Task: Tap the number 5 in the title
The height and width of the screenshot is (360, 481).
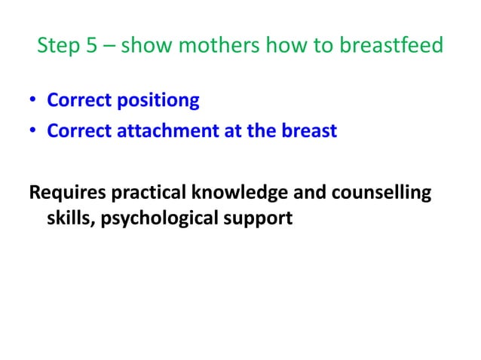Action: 90,47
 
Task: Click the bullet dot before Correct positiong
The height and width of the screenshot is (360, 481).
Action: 33,100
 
